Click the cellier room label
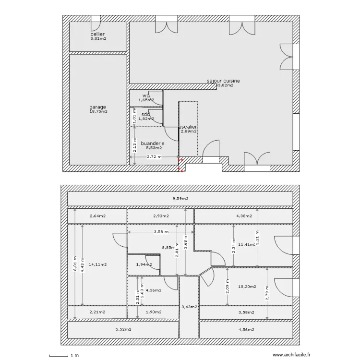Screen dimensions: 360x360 (x=98, y=35)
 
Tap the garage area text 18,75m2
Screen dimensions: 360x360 (x=98, y=111)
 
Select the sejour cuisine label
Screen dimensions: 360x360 (x=223, y=81)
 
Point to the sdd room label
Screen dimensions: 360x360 (x=145, y=114)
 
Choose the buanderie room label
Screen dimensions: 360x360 (x=153, y=143)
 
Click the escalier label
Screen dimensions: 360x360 (x=188, y=127)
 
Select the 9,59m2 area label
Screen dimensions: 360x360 (x=180, y=198)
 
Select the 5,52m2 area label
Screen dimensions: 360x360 (x=123, y=329)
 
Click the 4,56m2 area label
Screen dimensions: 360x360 (x=246, y=329)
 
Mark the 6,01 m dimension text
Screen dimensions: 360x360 (x=74, y=264)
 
